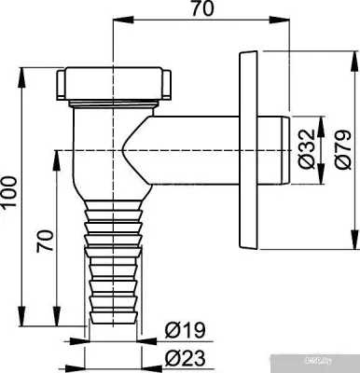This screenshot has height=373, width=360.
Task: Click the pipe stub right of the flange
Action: click(x=276, y=149)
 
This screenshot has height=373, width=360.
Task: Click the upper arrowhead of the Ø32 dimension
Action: click(x=323, y=122)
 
